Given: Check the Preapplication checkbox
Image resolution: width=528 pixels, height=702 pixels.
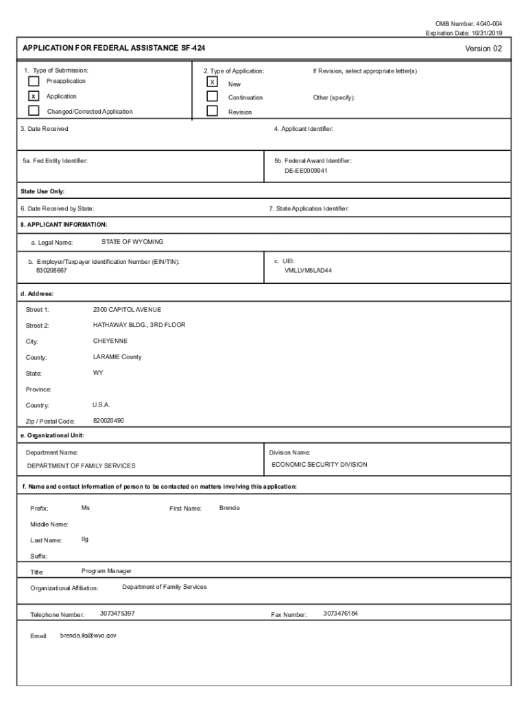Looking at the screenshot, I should [34, 82].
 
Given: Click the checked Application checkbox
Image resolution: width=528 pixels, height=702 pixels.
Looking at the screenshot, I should [34, 97].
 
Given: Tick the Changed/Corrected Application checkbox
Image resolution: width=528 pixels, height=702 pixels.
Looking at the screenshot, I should [34, 111].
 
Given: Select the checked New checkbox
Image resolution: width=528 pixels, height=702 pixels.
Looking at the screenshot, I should [213, 82].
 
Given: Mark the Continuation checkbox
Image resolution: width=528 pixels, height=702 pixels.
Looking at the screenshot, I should [213, 97].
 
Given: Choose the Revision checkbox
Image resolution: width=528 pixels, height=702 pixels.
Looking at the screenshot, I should [213, 111].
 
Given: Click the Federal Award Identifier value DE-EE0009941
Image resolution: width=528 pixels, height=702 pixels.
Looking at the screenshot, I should [307, 171].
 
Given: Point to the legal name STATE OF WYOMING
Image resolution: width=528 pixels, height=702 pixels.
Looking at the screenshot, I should [132, 242].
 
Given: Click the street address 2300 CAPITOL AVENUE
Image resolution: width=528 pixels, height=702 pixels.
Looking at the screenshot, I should [127, 310].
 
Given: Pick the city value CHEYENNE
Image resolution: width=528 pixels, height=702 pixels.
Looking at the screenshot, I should [110, 341].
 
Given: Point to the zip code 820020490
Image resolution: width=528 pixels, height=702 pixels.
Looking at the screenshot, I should [108, 420].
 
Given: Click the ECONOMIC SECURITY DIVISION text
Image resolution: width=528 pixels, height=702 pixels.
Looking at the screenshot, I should [319, 465].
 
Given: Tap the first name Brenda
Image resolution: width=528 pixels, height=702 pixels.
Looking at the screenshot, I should [230, 508].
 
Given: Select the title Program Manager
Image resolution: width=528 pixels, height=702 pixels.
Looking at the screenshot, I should [106, 571].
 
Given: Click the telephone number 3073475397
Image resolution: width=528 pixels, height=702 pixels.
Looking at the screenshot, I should [117, 614].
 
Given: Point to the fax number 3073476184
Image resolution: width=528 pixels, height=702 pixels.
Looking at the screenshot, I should [341, 614].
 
